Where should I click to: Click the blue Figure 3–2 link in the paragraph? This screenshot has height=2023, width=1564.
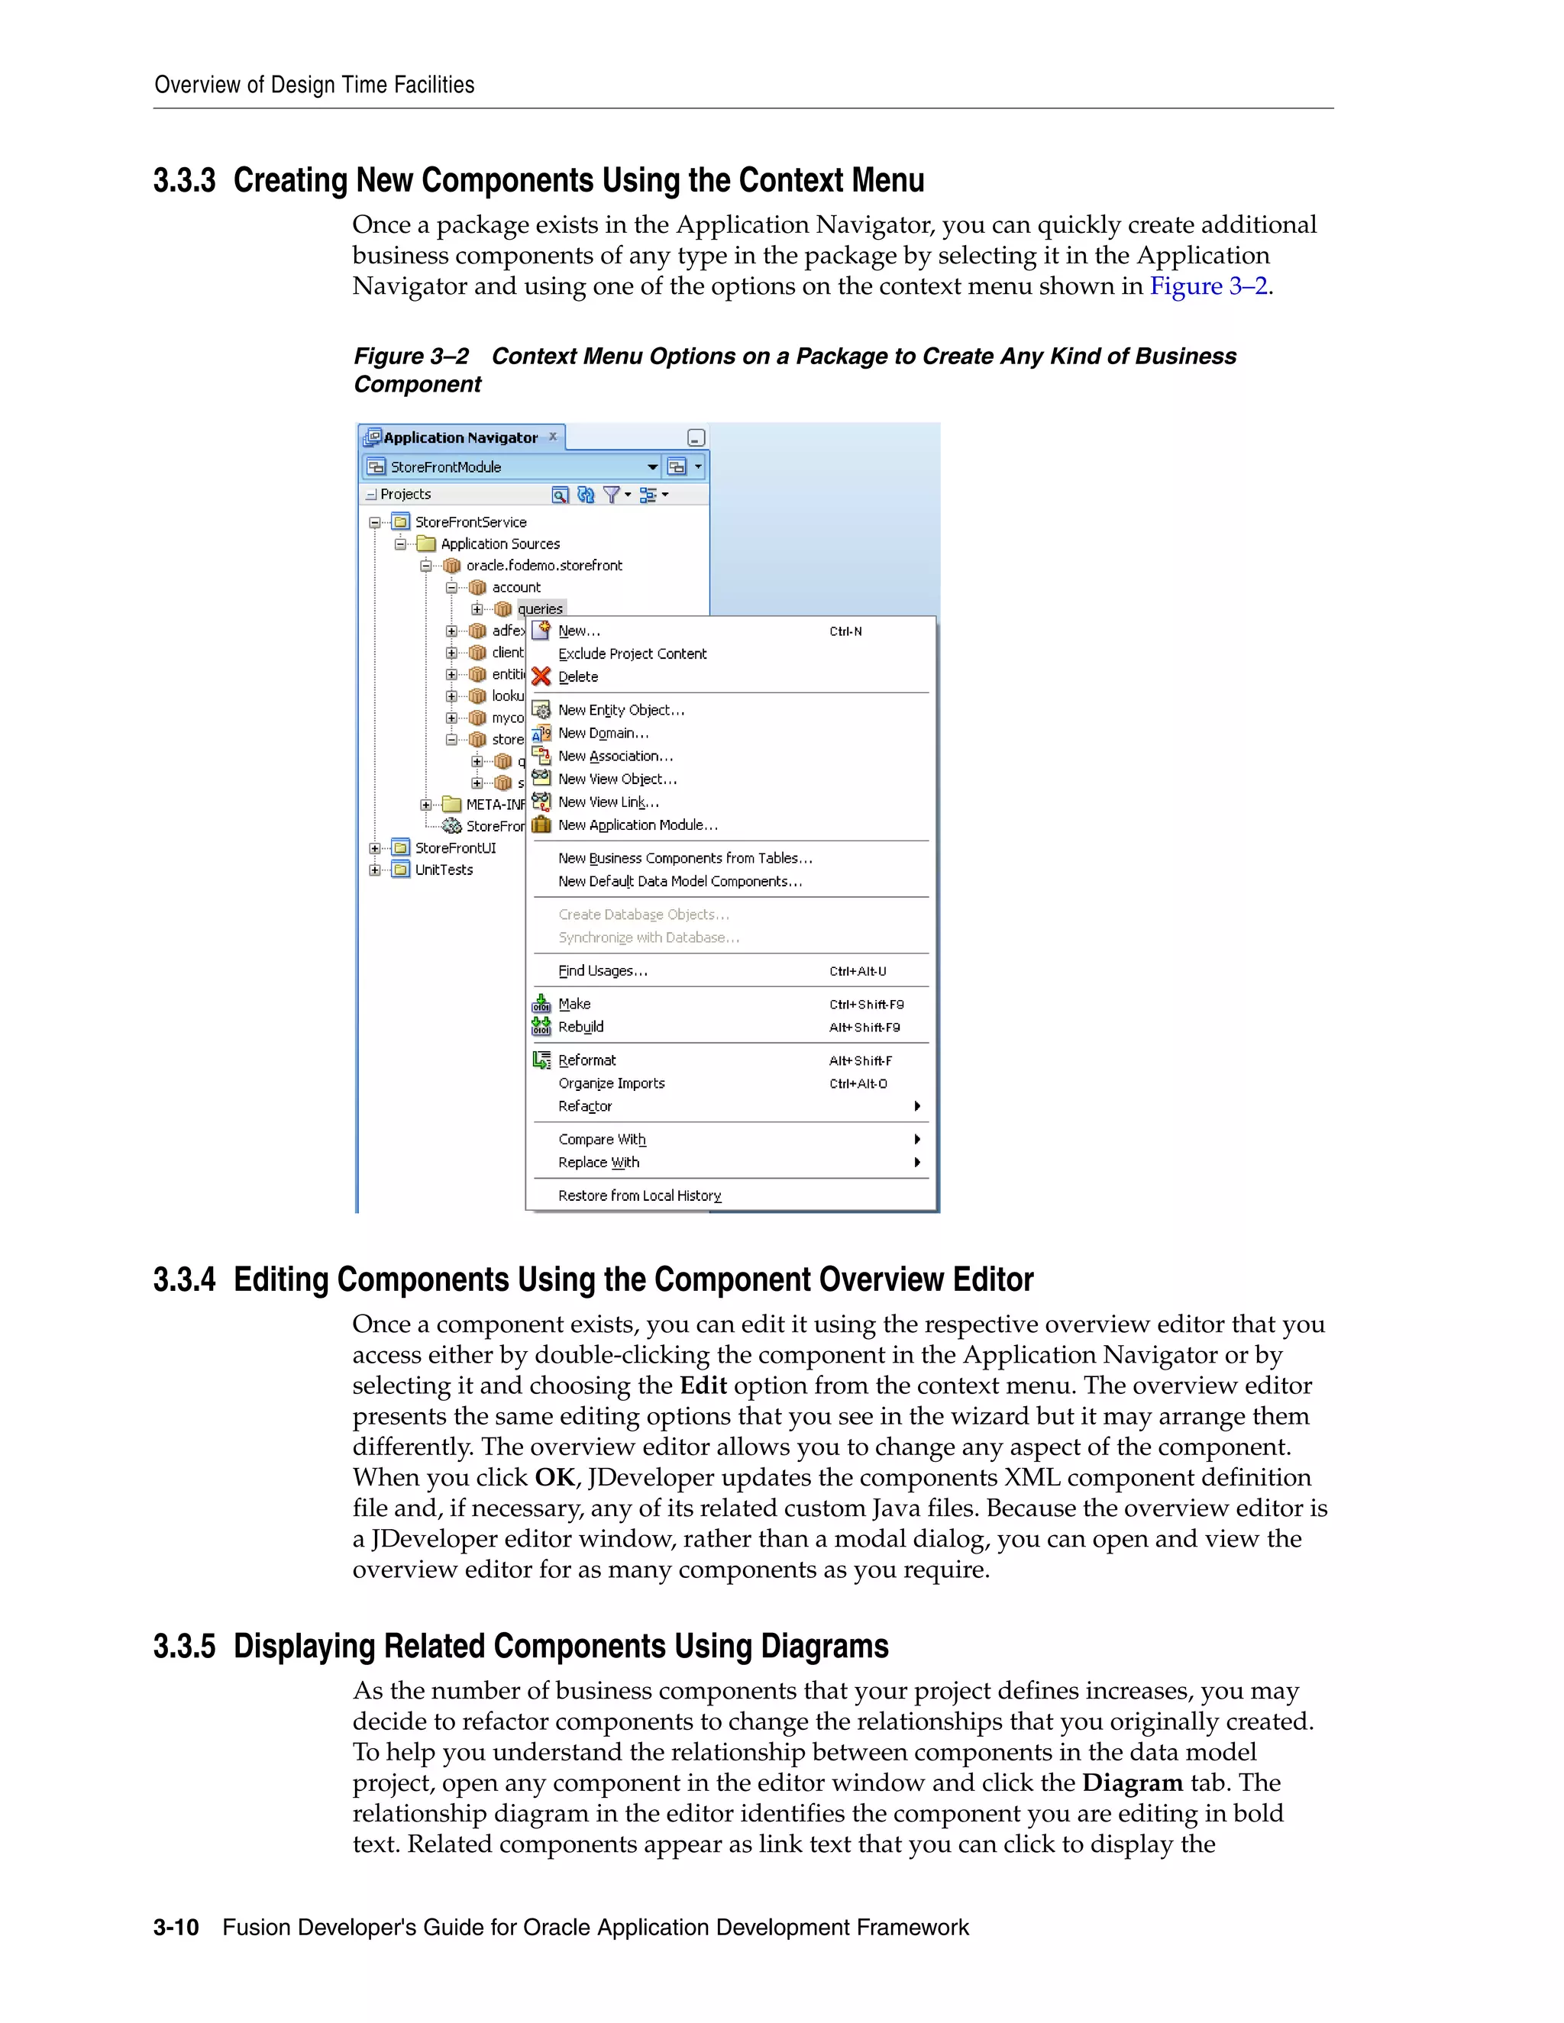(1207, 286)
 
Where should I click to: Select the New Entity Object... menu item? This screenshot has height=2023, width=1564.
(621, 711)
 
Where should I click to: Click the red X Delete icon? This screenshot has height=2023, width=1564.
(541, 677)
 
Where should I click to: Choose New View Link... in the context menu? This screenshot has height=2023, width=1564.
(608, 802)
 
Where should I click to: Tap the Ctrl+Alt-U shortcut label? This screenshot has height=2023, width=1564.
(857, 972)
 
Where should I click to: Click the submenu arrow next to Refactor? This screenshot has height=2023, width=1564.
(916, 1106)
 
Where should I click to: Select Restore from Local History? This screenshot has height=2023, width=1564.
(639, 1195)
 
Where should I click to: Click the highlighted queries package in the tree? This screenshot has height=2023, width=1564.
(540, 608)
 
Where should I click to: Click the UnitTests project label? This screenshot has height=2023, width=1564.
(444, 870)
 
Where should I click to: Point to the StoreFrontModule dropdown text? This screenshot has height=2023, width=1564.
(446, 467)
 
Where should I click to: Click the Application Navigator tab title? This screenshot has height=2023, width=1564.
(460, 437)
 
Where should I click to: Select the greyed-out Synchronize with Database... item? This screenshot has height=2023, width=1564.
(648, 937)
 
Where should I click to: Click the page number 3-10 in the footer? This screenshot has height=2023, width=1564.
(176, 1928)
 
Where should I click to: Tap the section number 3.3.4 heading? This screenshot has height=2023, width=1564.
(184, 1279)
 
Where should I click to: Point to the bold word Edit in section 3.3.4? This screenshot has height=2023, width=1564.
(703, 1386)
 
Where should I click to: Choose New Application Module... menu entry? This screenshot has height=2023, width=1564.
(638, 825)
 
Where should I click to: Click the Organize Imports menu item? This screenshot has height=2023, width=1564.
(611, 1084)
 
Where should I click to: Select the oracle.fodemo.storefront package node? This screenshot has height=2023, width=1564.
(544, 566)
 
